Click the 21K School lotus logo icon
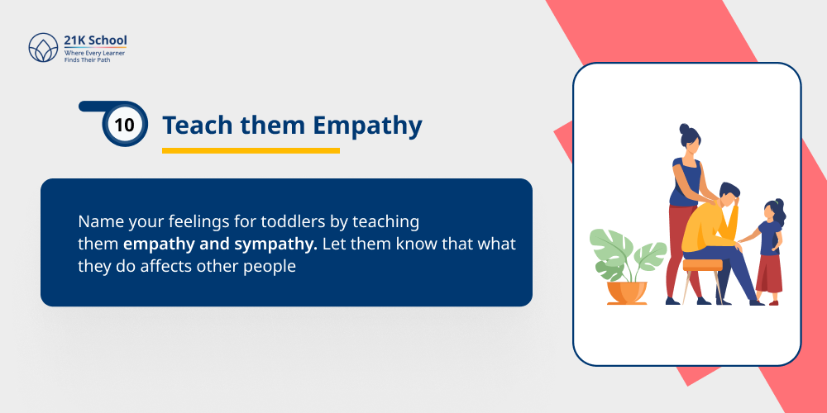pos(43,48)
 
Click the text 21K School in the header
pos(95,40)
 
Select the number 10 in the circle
pos(125,126)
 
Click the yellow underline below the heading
pos(251,150)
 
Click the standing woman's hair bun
pos(684,129)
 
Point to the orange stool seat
pos(702,264)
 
